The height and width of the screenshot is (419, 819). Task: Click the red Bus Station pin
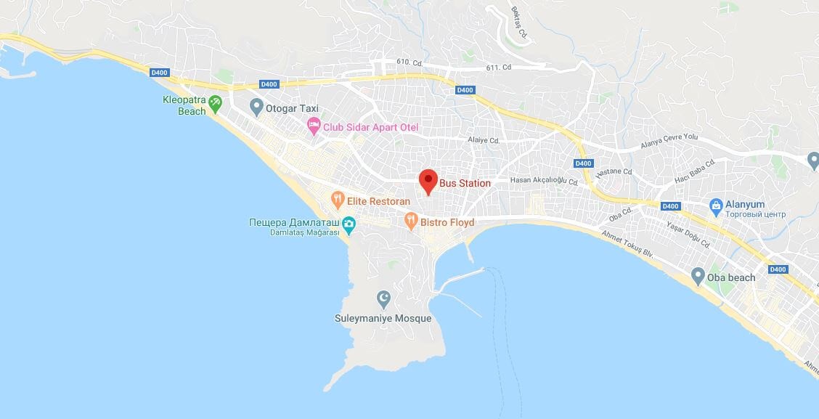(428, 180)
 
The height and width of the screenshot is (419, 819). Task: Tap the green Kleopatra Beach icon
(216, 105)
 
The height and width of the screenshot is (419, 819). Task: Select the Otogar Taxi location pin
(256, 107)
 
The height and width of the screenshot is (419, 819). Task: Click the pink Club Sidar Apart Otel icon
(313, 127)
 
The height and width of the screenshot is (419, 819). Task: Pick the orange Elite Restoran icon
(337, 198)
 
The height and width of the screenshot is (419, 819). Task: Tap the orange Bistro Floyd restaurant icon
(411, 221)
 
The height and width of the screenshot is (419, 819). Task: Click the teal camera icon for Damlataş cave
(349, 224)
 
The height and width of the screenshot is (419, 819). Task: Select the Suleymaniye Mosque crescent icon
(383, 298)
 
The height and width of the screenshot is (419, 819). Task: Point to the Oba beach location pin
(698, 277)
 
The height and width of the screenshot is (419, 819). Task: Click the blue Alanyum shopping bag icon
(716, 206)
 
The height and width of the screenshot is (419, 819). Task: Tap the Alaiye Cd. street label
(484, 140)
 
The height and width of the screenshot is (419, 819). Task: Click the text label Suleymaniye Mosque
(383, 319)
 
